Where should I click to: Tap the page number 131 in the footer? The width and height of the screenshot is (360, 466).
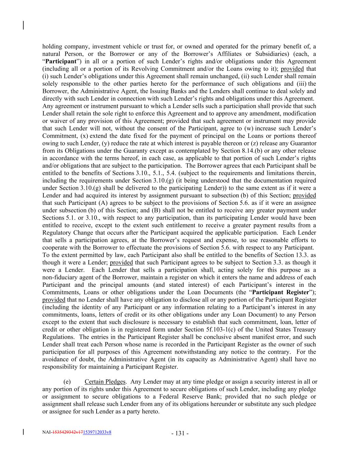[x=180, y=434]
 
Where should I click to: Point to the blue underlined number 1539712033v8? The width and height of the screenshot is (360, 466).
[x=97, y=432]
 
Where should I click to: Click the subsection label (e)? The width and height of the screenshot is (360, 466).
[x=67, y=382]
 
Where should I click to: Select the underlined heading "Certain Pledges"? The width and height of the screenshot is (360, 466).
[x=105, y=382]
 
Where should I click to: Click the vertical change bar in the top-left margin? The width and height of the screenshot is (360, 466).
[x=23, y=26]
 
